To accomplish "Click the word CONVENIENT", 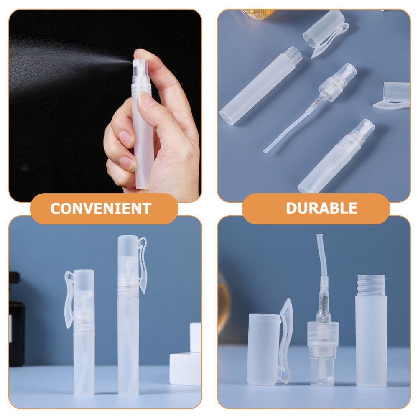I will click(x=100, y=208).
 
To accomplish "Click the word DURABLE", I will click(x=321, y=208).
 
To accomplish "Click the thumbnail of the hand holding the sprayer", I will click(x=105, y=106).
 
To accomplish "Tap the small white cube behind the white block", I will click(x=196, y=337).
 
